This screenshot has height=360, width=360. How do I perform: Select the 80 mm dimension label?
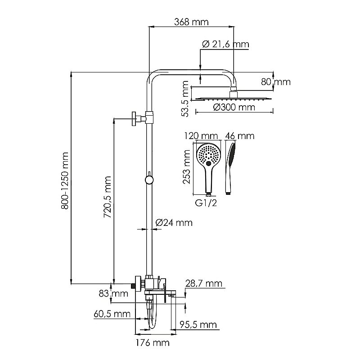click(275, 82)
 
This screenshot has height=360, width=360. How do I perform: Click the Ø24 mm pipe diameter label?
click(174, 222)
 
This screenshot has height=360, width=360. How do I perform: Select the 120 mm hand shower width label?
click(201, 135)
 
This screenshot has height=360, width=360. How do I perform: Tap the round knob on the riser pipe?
click(148, 180)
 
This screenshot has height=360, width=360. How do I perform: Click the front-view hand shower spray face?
click(208, 155)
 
